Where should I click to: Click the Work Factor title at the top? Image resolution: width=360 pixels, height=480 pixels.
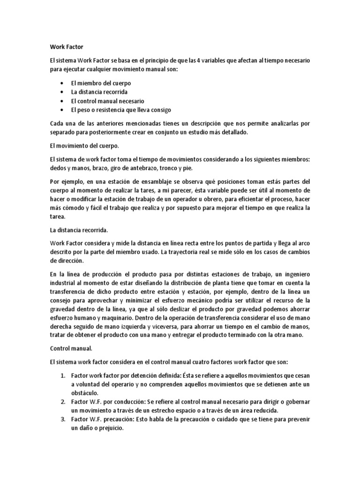(x=66, y=47)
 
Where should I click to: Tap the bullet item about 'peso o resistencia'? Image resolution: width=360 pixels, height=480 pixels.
(x=121, y=110)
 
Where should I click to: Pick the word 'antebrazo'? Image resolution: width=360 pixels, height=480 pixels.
(x=145, y=168)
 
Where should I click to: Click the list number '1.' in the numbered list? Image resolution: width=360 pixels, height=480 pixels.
(x=64, y=375)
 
